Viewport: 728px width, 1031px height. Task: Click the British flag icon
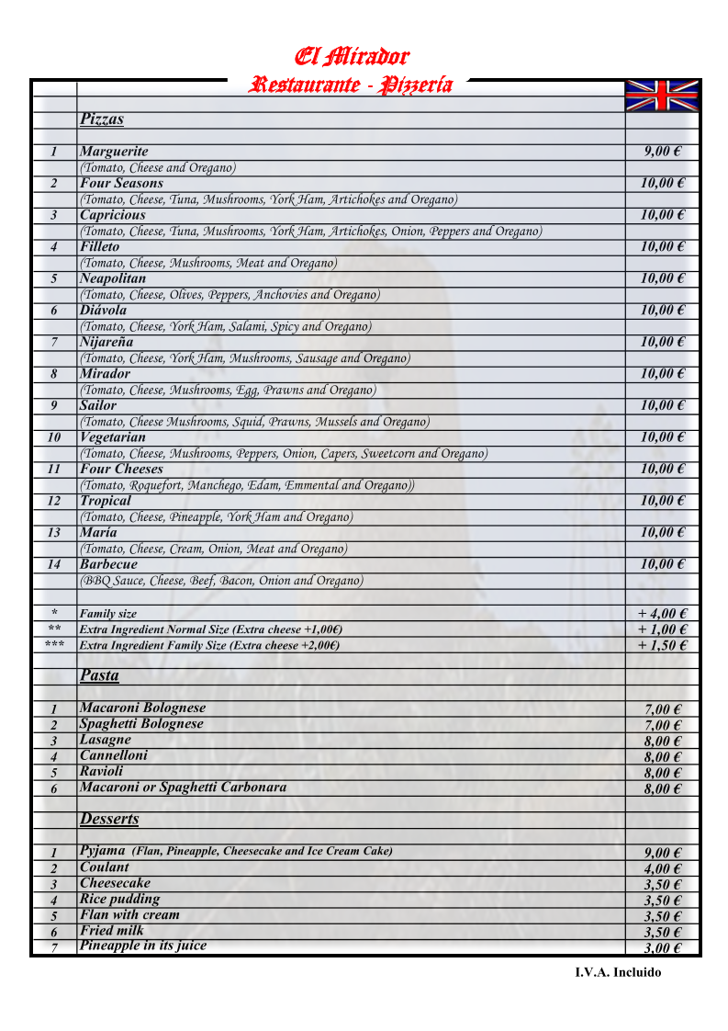coord(661,96)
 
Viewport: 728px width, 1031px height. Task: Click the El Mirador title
coord(352,57)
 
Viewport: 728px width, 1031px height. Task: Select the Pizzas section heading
coord(102,119)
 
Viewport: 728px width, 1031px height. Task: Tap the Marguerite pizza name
coord(114,152)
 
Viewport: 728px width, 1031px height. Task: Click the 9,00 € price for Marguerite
coord(661,152)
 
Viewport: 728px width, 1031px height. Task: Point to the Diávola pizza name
coord(103,311)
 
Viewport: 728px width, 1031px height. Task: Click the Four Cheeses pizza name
coord(121,470)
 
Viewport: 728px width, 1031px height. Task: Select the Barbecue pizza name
coord(108,564)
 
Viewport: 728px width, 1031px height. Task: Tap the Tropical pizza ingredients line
coord(216,517)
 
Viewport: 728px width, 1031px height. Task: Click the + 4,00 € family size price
coord(663,614)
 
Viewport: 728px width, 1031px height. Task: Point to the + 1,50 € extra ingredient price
coord(663,645)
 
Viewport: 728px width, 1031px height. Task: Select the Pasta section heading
coord(99,675)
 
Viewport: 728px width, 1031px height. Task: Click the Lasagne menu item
coord(106,740)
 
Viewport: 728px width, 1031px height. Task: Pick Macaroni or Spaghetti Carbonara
coord(183,787)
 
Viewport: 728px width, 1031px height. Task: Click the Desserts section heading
coord(109,819)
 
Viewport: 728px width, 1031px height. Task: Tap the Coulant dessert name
coord(105,867)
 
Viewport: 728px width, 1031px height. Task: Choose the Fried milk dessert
coord(112,931)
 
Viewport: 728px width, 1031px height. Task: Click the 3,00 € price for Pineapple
coord(662,948)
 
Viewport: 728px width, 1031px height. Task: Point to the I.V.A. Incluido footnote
coord(618,972)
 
